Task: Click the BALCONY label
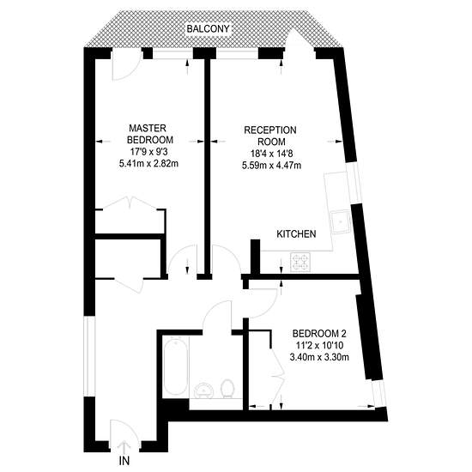tap(208, 29)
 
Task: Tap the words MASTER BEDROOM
tap(149, 134)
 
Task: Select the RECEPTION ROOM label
tap(270, 136)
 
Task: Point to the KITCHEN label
tap(296, 234)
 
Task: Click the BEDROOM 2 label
tap(319, 334)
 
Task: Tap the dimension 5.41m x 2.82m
tap(149, 164)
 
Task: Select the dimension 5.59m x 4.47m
tap(271, 166)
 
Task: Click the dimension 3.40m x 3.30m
tap(319, 357)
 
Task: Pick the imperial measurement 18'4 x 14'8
tap(271, 154)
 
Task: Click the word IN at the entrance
tap(124, 461)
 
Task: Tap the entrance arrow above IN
tap(124, 448)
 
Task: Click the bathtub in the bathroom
tap(175, 366)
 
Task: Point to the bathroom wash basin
tap(204, 390)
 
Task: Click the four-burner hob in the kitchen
tap(300, 263)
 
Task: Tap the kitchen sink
tap(340, 222)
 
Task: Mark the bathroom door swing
tap(217, 316)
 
